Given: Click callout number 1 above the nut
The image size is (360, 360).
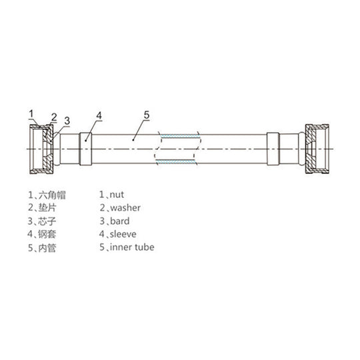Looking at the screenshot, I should point(31,113).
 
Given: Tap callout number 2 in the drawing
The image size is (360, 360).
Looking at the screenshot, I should point(54,117).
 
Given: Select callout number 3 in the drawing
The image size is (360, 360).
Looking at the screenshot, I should point(67,121).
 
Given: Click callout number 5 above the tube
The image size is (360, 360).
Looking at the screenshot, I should point(147,114).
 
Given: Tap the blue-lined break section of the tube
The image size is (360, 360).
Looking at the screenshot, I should point(177,148).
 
